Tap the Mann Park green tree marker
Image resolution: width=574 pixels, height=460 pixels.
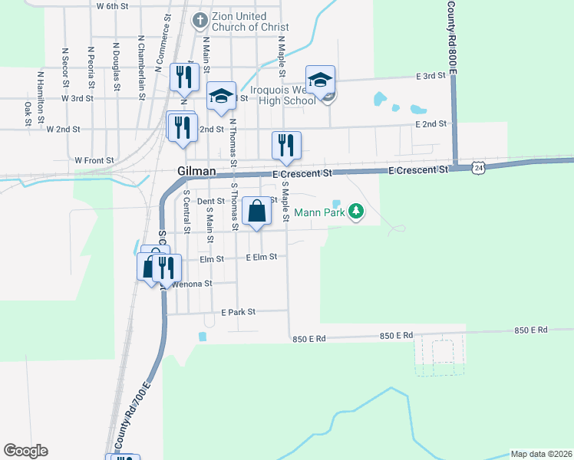pos(355,210)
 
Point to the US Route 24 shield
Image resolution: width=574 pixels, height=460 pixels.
pos(479,167)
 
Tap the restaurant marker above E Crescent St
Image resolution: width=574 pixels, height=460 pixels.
pos(286,145)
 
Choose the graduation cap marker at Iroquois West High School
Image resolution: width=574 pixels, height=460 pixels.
pos(320,79)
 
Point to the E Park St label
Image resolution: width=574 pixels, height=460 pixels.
pos(237,312)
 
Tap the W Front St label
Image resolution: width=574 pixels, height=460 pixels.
pos(94,160)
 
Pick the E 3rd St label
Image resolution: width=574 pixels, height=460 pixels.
pos(430,76)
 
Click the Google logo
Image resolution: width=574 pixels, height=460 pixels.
pos(26,450)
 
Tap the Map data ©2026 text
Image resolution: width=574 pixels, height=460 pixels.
pos(540,454)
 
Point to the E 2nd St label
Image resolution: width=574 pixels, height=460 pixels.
pos(430,123)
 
